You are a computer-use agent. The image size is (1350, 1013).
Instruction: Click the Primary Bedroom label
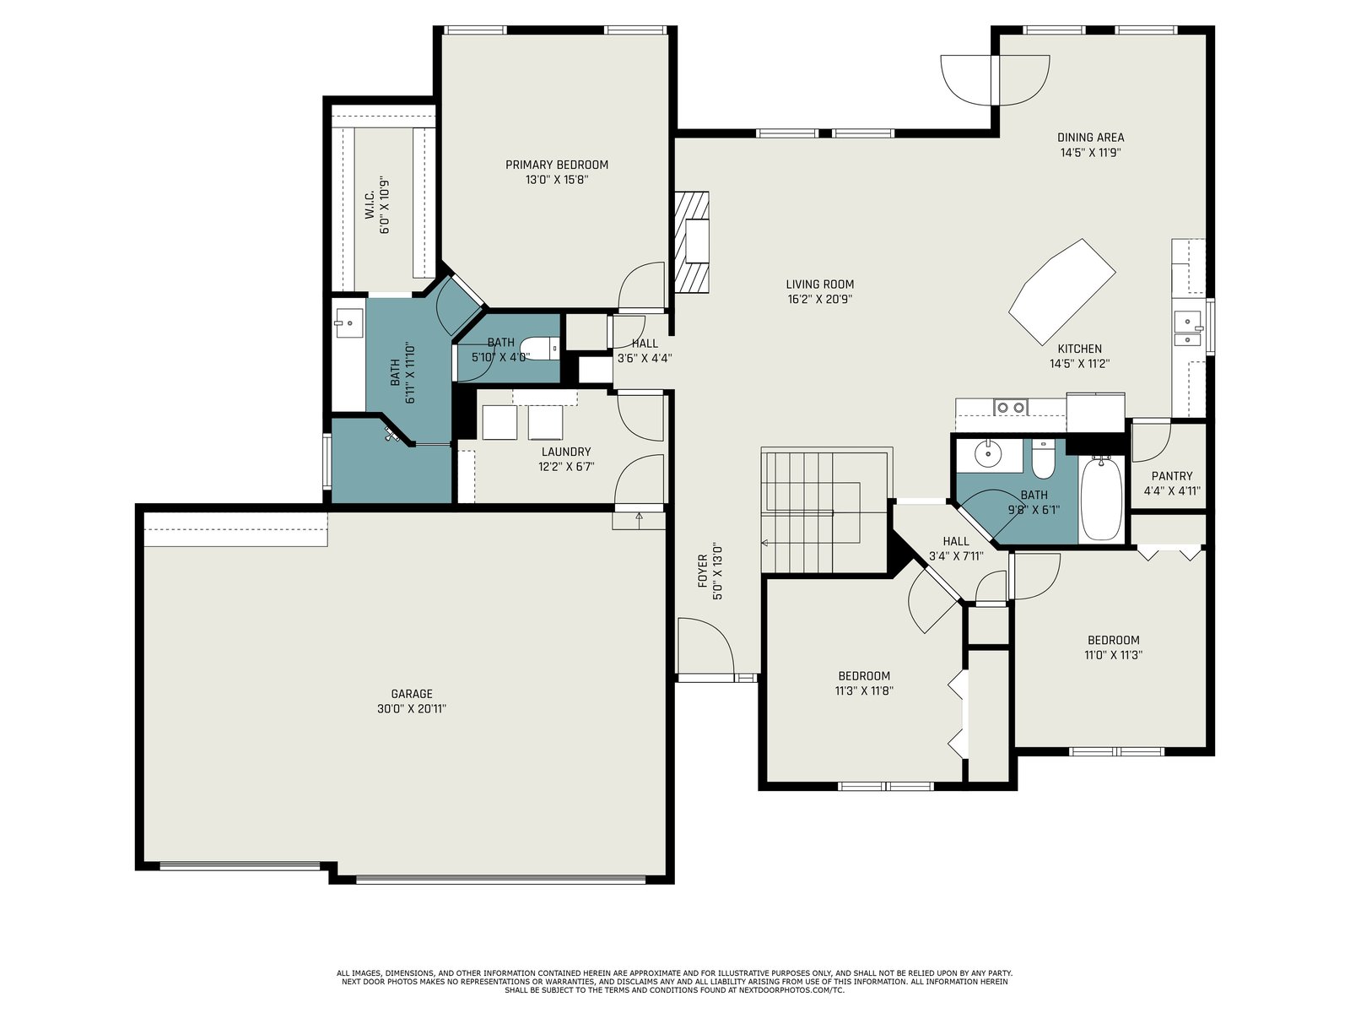tap(557, 165)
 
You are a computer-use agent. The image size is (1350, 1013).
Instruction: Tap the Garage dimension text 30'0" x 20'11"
tap(412, 708)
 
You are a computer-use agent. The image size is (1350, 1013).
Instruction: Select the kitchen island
tap(1062, 291)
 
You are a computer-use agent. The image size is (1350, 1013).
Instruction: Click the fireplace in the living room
tap(693, 241)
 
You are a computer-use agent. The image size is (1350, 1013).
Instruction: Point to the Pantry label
tap(1172, 476)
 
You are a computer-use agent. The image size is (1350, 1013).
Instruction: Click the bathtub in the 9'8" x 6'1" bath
tap(1102, 498)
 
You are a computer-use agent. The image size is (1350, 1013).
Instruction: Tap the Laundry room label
tap(566, 452)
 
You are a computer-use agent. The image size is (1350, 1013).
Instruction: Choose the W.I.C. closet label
tap(370, 205)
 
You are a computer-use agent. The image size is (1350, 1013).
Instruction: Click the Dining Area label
tap(1090, 138)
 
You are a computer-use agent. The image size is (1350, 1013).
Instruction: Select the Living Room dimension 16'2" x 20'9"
tap(820, 300)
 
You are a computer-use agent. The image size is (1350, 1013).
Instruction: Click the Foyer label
tap(702, 571)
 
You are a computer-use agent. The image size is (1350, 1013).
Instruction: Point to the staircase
tap(827, 510)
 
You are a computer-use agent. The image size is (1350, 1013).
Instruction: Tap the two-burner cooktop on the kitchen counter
tap(1011, 407)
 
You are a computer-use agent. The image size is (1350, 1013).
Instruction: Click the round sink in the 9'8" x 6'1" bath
tap(988, 454)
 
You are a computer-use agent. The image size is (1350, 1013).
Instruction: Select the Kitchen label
tap(1079, 349)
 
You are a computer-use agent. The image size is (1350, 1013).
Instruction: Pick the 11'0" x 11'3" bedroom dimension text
tap(1113, 655)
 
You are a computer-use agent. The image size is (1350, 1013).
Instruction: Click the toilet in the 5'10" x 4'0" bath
tap(541, 348)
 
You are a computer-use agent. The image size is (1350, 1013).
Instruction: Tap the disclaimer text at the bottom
tap(675, 982)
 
